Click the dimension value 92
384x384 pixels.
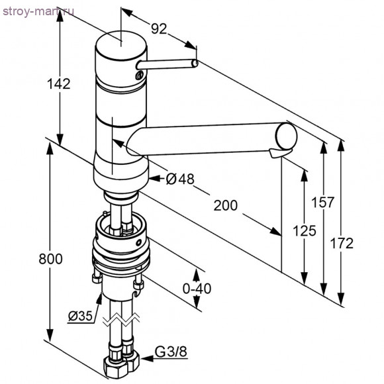click(x=160, y=28)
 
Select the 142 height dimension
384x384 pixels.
click(x=59, y=84)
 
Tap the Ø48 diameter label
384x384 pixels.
click(x=177, y=178)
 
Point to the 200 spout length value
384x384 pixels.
click(x=225, y=205)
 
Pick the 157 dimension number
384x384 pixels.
click(x=323, y=203)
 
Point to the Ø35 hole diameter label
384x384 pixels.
click(x=79, y=316)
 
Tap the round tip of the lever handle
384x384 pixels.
click(x=195, y=63)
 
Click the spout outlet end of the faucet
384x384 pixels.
click(x=286, y=136)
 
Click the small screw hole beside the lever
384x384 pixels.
click(x=138, y=76)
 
